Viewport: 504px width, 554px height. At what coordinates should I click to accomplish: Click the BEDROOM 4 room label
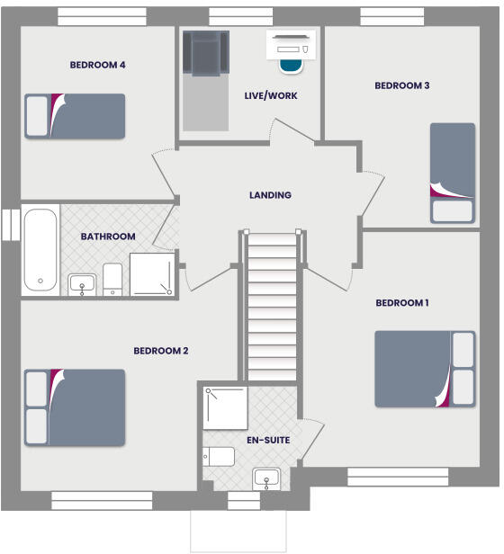97,65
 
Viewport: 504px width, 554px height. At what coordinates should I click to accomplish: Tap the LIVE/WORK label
270,95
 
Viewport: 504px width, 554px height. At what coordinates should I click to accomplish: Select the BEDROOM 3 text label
401,86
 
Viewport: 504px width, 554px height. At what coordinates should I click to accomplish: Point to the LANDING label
270,195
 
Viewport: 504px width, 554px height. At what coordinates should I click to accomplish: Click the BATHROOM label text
108,237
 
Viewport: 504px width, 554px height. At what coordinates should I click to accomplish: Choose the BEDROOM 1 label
401,303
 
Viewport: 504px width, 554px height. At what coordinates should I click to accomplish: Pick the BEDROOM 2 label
160,351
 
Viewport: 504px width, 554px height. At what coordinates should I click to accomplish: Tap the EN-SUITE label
268,441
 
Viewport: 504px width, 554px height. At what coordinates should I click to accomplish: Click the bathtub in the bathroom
40,250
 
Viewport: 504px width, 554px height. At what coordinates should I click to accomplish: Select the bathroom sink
83,284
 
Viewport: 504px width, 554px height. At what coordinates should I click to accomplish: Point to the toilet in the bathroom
112,279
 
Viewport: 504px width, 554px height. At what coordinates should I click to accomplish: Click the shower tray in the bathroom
154,273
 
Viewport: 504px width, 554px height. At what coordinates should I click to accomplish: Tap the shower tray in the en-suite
225,407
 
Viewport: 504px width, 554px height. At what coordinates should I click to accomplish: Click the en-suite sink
267,478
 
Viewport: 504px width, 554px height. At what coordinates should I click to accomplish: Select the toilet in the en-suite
219,457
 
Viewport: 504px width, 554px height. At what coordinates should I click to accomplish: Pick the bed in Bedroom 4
75,116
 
